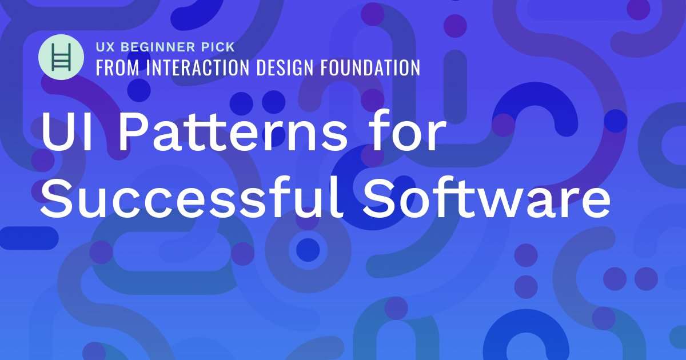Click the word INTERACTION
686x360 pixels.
tap(196, 67)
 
